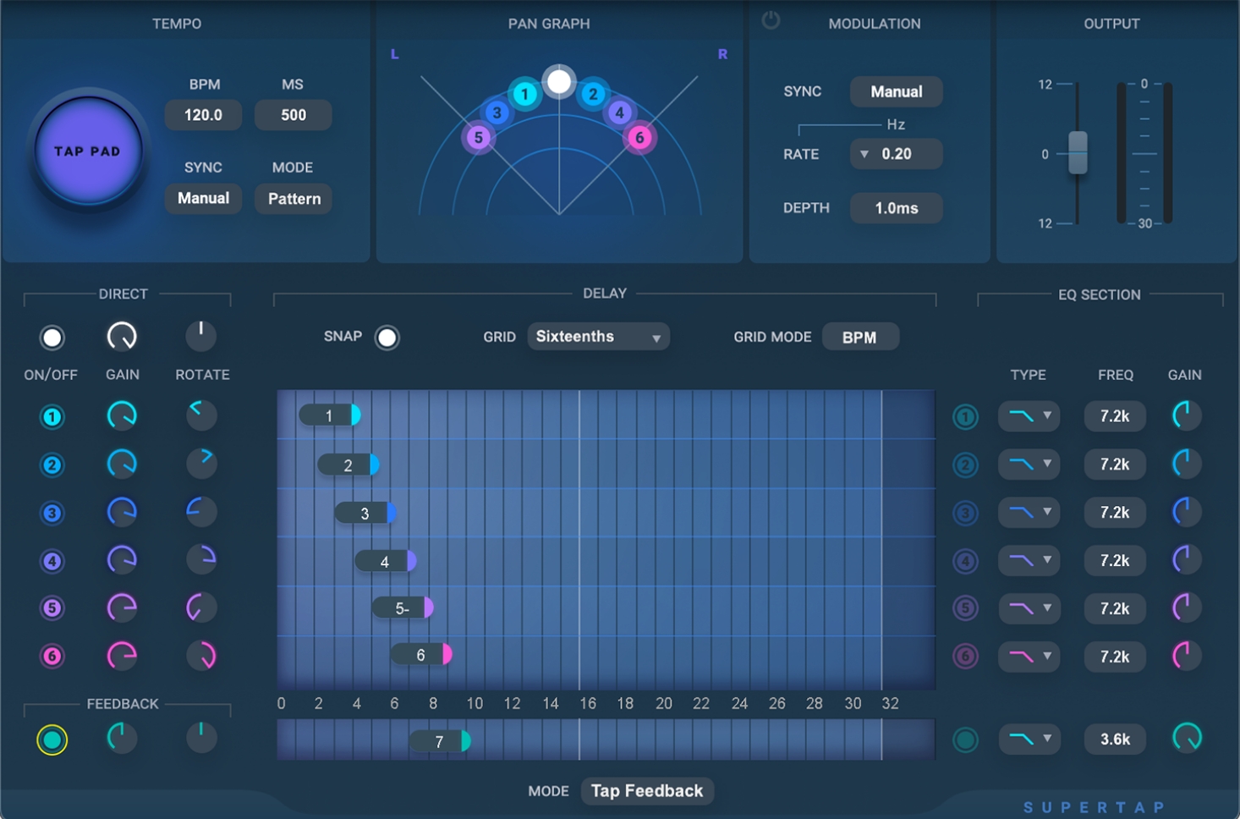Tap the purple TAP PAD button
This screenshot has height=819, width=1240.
pyautogui.click(x=87, y=151)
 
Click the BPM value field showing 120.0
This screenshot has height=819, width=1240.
pyautogui.click(x=203, y=115)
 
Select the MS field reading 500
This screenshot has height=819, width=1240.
pyautogui.click(x=293, y=115)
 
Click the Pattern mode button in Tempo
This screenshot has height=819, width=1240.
pyautogui.click(x=294, y=199)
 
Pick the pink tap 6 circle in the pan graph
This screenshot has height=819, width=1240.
pyautogui.click(x=639, y=137)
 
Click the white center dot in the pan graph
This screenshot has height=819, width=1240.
pyautogui.click(x=559, y=82)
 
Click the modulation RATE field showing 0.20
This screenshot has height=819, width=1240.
pyautogui.click(x=897, y=154)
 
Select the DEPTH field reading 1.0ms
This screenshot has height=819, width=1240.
pyautogui.click(x=896, y=208)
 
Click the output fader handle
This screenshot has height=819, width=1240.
pyautogui.click(x=1078, y=152)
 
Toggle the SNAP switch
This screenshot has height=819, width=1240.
pyautogui.click(x=387, y=338)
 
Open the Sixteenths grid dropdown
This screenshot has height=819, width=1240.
pyautogui.click(x=598, y=337)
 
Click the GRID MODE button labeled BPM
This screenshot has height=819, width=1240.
pyautogui.click(x=859, y=338)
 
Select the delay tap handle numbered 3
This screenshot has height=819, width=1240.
pyautogui.click(x=365, y=513)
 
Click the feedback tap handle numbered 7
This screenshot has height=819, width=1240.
pyautogui.click(x=440, y=741)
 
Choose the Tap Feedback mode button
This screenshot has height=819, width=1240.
pyautogui.click(x=647, y=791)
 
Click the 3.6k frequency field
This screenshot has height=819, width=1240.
pyautogui.click(x=1115, y=739)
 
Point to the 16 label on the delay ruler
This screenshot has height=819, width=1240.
pyautogui.click(x=588, y=704)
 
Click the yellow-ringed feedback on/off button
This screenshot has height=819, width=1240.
pyautogui.click(x=52, y=739)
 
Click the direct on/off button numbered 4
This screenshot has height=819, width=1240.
pyautogui.click(x=52, y=561)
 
